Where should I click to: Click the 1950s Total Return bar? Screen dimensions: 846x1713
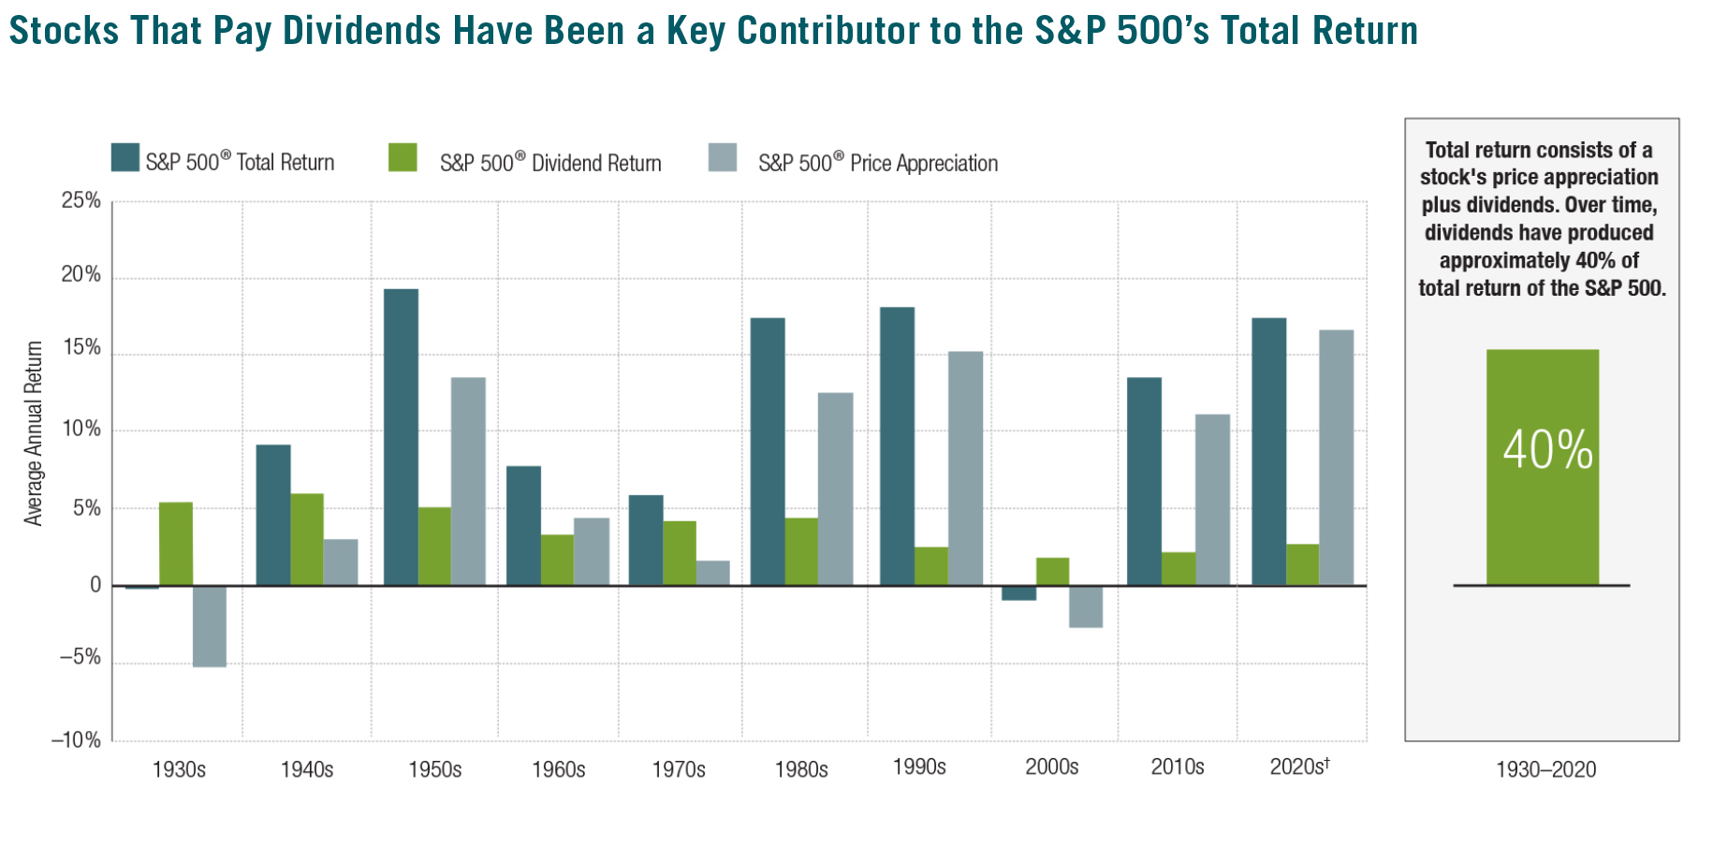click(x=401, y=437)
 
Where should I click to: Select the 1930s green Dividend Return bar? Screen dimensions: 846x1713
click(x=176, y=544)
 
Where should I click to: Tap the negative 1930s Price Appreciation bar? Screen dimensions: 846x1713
click(x=210, y=626)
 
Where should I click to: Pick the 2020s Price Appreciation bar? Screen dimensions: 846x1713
click(x=1336, y=458)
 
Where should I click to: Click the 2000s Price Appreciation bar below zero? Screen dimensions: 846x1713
click(x=1086, y=606)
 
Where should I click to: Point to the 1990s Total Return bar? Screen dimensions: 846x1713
click(x=897, y=446)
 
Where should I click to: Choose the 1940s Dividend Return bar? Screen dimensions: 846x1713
click(x=307, y=539)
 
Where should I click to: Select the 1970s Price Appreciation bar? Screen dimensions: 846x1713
click(x=712, y=573)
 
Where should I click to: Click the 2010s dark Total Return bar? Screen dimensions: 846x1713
click(x=1144, y=481)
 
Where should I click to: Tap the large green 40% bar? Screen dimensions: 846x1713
click(x=1542, y=467)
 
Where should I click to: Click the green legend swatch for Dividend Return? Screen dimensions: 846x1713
click(x=403, y=158)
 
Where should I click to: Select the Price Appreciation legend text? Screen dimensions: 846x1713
click(x=877, y=163)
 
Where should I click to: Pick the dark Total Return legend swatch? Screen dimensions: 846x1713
click(x=125, y=158)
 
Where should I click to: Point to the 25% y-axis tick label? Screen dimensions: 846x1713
click(x=81, y=200)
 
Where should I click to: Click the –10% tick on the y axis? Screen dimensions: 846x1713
click(x=76, y=740)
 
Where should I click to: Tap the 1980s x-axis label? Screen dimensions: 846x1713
click(x=801, y=769)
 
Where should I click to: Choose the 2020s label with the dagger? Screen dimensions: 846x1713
click(x=1299, y=766)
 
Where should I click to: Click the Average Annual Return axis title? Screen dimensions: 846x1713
click(x=34, y=433)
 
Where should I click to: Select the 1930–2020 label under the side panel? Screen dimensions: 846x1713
click(x=1545, y=770)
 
